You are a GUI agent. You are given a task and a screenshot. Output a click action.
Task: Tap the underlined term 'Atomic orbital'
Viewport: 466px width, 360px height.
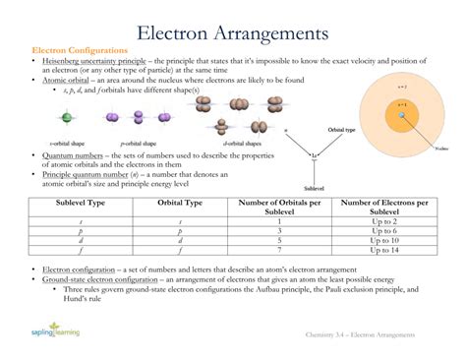67,80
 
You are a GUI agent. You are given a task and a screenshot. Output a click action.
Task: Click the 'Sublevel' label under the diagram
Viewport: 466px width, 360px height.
315,187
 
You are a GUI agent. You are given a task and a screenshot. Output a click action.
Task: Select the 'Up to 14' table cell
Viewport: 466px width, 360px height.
384,250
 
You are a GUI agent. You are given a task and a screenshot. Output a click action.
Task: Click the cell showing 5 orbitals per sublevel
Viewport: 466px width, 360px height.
280,240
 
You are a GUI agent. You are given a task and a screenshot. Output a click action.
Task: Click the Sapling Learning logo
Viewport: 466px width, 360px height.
54,334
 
